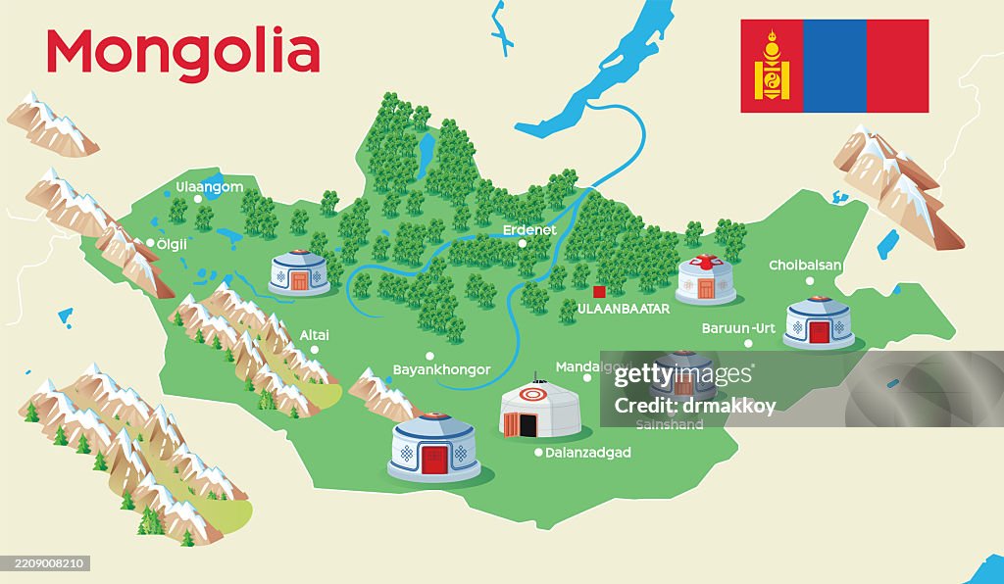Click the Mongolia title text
(x=183, y=52)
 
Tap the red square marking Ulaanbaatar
(x=599, y=291)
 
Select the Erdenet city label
(x=529, y=230)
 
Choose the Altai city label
(x=315, y=335)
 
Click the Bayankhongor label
(x=441, y=369)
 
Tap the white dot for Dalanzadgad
(x=537, y=453)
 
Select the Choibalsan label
(x=806, y=265)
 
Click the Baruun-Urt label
(x=738, y=328)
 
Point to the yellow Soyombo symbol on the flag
(x=772, y=67)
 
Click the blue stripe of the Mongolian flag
(x=834, y=66)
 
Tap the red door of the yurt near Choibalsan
(x=819, y=332)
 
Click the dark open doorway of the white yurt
(x=527, y=424)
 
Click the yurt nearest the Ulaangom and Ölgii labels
(x=299, y=272)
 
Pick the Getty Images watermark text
(x=683, y=375)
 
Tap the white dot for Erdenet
(x=523, y=244)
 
